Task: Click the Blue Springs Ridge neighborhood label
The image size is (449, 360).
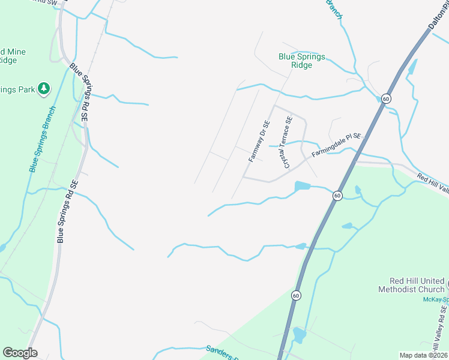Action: click(302, 61)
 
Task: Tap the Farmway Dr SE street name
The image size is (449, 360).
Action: click(260, 141)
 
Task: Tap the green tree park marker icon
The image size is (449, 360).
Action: click(43, 89)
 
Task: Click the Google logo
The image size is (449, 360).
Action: click(20, 353)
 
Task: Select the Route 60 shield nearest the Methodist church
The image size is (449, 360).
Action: click(296, 295)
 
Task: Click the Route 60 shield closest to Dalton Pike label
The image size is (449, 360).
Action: click(386, 98)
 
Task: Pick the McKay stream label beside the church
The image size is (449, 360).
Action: click(435, 299)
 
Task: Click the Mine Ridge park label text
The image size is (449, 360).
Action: click(12, 56)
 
